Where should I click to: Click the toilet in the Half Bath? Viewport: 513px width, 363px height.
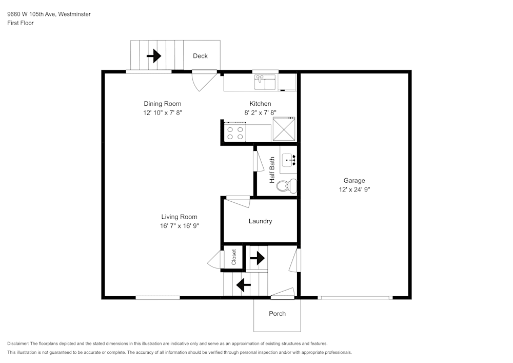[x=286, y=185]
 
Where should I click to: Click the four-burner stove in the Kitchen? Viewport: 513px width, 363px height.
[x=235, y=133]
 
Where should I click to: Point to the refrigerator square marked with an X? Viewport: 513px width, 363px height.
[x=284, y=129]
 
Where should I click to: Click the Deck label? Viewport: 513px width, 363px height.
[x=200, y=56]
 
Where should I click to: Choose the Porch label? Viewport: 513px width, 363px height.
[x=277, y=314]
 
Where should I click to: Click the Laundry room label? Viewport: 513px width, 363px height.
[x=260, y=221]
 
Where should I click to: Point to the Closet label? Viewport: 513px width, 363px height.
[x=234, y=257]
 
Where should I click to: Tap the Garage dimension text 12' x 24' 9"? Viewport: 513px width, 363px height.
[x=354, y=189]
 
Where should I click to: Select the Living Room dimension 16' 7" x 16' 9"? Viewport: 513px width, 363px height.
[x=179, y=226]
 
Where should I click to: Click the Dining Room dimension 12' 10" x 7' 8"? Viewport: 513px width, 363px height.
[x=163, y=112]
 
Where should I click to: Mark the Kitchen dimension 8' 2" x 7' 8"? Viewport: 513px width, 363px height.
[x=260, y=112]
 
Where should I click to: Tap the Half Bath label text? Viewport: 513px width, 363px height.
[x=272, y=170]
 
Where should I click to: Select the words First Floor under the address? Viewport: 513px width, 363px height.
[x=21, y=23]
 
